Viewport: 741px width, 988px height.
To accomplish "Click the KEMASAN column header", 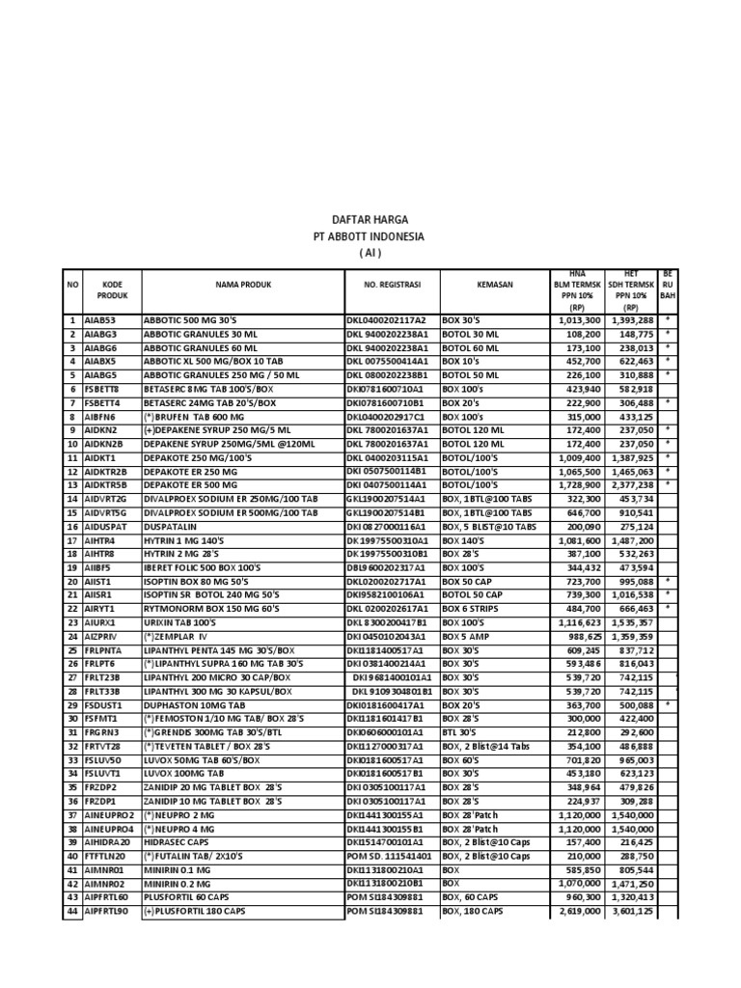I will pyautogui.click(x=495, y=285).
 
